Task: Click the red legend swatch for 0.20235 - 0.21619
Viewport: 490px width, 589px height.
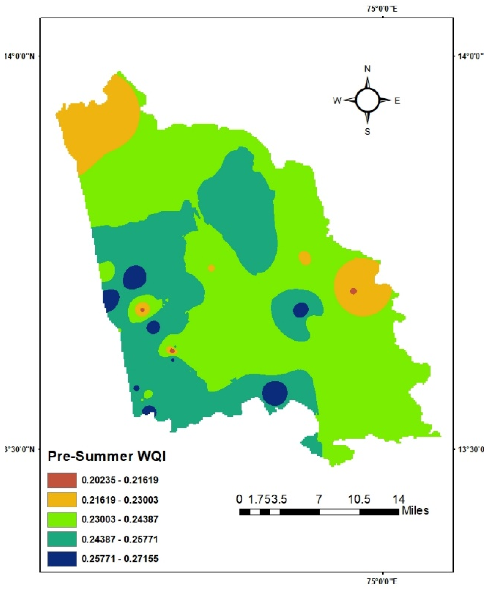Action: [x=62, y=480]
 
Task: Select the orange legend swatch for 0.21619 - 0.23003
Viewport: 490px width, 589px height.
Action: [x=62, y=500]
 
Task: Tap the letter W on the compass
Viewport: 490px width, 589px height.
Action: [x=337, y=100]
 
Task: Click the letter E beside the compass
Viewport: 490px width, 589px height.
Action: [x=397, y=101]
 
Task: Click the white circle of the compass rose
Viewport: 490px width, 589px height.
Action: [x=367, y=100]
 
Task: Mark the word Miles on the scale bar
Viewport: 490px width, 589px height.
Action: [x=415, y=510]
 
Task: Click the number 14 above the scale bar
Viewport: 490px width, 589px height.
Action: [x=399, y=499]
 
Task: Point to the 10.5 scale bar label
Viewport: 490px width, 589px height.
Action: [x=359, y=499]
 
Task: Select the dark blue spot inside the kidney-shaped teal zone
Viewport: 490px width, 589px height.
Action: [x=301, y=310]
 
